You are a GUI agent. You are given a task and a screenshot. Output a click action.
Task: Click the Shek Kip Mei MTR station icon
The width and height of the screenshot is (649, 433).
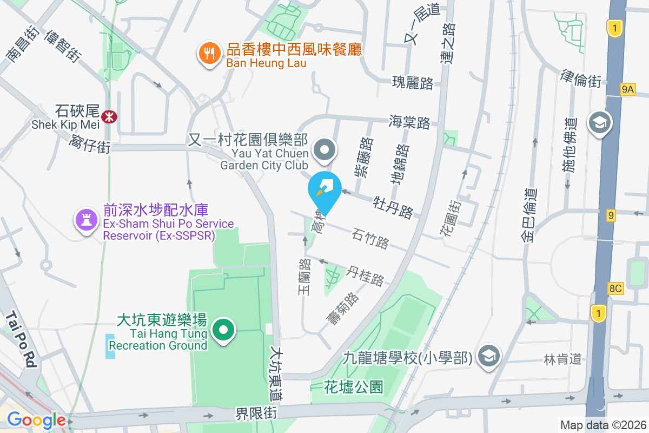(x=110, y=116)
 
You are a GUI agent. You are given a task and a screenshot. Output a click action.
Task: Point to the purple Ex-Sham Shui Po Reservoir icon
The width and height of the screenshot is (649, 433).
(x=86, y=220)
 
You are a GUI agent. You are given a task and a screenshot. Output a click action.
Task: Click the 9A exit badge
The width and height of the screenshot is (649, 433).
(x=627, y=89)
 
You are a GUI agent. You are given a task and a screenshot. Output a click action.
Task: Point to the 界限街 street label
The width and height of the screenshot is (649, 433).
(x=256, y=414)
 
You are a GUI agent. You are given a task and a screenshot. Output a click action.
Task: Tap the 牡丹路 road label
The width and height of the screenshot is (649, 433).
(x=393, y=207)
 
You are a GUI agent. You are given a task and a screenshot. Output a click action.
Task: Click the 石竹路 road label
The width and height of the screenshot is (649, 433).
(x=370, y=238)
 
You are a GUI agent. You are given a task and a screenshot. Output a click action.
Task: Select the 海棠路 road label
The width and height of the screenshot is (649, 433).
(x=409, y=122)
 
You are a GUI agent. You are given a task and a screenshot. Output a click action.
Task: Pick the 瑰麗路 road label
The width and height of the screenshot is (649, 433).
(x=413, y=83)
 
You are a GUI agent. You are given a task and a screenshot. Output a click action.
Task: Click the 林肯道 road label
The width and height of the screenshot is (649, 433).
(x=562, y=358)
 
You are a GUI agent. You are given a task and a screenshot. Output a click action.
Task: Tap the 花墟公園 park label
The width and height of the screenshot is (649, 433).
(x=354, y=387)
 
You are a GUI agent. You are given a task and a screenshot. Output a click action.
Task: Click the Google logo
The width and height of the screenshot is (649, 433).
(x=36, y=419)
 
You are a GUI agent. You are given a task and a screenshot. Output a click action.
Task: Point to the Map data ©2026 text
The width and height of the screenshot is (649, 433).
(x=603, y=425)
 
